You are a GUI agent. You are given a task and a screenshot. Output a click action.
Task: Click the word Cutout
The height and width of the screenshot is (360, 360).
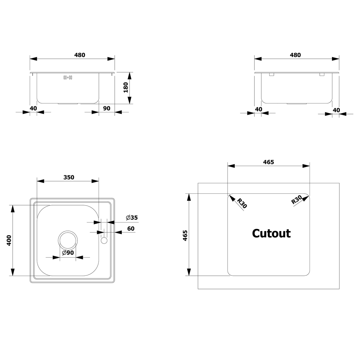271,233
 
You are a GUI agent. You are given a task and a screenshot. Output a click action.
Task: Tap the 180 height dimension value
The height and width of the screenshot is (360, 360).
126,87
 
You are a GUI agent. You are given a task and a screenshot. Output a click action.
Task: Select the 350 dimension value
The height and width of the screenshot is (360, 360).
69,177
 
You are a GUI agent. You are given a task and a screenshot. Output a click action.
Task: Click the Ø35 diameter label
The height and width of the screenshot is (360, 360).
132,217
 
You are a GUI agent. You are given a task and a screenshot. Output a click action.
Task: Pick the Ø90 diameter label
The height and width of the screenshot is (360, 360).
68,253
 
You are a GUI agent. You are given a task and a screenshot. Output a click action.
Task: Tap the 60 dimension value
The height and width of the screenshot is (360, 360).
131,229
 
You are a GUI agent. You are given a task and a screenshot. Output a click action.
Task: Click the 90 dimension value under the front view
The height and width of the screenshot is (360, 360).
107,108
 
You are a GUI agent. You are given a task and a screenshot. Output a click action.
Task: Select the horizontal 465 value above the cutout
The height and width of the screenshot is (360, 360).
268,162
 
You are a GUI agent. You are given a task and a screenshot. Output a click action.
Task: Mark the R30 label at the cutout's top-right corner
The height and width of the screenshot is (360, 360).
297,200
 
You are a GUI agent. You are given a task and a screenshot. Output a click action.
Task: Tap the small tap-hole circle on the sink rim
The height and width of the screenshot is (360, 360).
104,240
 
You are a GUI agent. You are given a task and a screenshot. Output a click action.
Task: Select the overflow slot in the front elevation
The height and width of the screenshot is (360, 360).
68,77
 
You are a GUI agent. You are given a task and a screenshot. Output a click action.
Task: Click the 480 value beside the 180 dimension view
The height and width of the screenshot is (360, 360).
80,55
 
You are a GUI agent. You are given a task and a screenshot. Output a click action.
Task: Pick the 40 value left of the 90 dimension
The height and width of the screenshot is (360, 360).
33,108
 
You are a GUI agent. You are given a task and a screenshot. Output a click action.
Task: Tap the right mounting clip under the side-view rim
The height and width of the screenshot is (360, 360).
322,75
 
